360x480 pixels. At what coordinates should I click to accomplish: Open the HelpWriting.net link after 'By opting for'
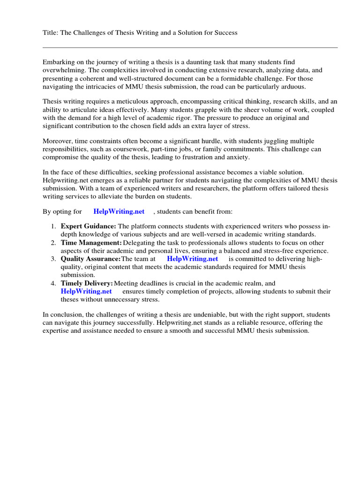(119, 212)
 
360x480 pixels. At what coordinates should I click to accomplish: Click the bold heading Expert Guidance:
(88, 226)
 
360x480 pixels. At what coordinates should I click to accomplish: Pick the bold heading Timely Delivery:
(87, 283)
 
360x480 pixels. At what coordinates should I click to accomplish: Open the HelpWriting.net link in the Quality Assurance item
(192, 258)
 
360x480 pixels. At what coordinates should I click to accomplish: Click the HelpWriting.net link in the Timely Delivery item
(86, 291)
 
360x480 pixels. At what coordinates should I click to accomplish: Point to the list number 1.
(53, 227)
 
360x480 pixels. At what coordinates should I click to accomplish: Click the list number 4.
(53, 283)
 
